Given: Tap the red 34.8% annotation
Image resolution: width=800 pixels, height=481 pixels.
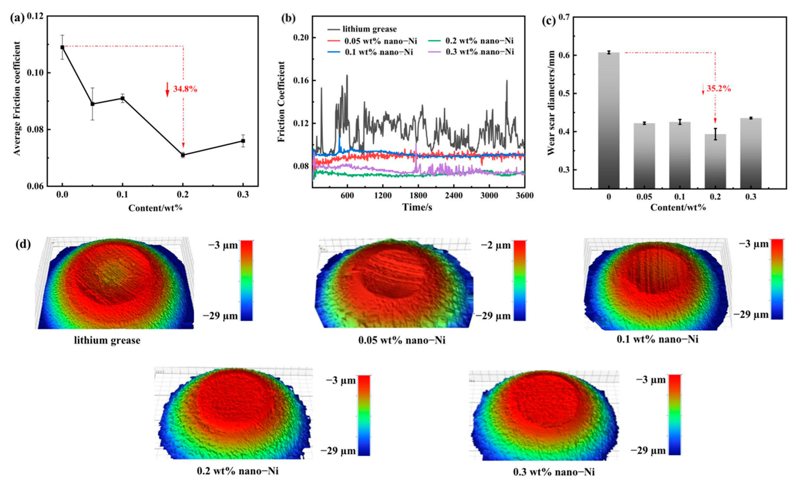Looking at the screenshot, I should [x=185, y=89].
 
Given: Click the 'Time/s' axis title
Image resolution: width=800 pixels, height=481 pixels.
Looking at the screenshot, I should [x=417, y=207].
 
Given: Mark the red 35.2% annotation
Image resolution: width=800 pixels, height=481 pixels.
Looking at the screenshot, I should [x=718, y=89].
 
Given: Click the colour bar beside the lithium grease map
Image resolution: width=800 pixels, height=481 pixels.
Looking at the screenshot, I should [x=246, y=280].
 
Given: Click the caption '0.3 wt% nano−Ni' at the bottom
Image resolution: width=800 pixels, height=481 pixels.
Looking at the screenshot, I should [x=554, y=472].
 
